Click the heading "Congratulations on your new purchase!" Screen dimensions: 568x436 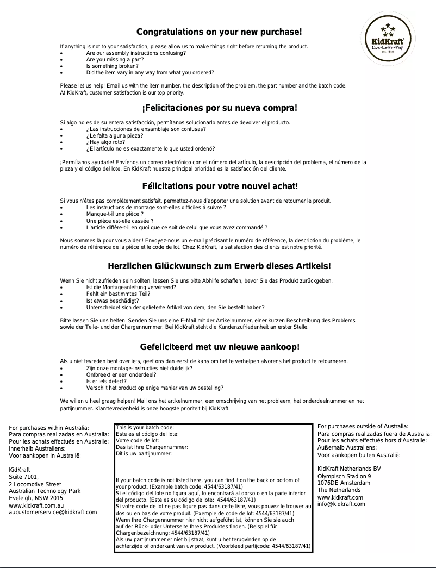pyautogui.click(x=219, y=32)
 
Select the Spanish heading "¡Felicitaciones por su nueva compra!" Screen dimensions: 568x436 pyautogui.click(x=219, y=108)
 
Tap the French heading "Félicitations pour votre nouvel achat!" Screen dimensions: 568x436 pyautogui.click(x=219, y=186)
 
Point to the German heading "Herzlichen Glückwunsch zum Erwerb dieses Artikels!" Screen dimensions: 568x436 pyautogui.click(x=219, y=266)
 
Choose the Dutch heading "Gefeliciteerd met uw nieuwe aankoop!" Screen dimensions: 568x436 pyautogui.click(x=219, y=347)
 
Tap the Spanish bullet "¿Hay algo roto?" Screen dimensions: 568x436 pyautogui.click(x=105, y=142)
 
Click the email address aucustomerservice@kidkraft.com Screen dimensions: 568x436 pyautogui.click(x=53, y=512)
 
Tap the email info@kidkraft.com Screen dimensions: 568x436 pyautogui.click(x=341, y=504)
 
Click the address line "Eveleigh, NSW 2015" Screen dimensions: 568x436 pyautogui.click(x=36, y=498)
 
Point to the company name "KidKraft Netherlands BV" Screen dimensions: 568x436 pyautogui.click(x=349, y=469)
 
